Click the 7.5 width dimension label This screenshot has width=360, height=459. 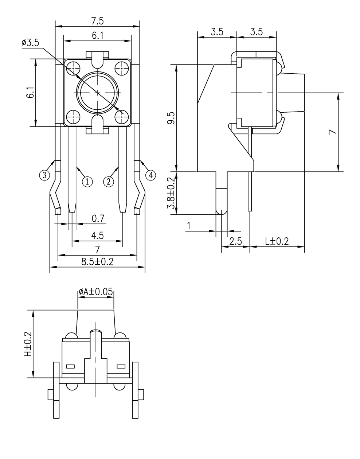[97, 22]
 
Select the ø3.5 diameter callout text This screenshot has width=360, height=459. [30, 43]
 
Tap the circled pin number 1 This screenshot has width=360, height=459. [87, 181]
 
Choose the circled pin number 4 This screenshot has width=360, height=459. [150, 175]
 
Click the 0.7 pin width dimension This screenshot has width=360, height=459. [98, 219]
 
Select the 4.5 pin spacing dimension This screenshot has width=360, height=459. [97, 236]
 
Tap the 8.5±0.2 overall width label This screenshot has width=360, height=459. [97, 262]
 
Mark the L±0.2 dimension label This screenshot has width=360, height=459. [277, 241]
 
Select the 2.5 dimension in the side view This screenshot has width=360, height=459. [236, 241]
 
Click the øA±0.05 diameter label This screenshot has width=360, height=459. [96, 292]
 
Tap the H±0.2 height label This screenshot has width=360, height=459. [28, 344]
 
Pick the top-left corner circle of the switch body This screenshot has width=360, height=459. [74, 67]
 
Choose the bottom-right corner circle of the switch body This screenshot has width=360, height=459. [121, 117]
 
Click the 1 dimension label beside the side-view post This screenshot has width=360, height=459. [189, 226]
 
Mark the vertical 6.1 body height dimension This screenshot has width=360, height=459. [30, 93]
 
